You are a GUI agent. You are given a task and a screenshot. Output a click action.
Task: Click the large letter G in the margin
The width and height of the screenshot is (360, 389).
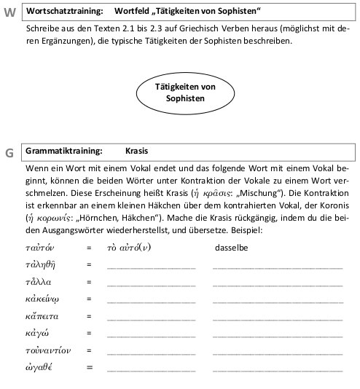[10, 153]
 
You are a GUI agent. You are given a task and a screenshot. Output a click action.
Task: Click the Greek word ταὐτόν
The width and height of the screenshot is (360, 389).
[40, 248]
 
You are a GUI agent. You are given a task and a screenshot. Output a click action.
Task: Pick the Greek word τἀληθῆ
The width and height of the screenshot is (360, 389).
[41, 266]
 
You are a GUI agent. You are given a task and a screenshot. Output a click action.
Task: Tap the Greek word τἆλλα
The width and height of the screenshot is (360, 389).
[39, 282]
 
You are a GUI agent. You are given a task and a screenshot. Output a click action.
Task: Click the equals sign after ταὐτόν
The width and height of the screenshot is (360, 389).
[89, 248]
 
